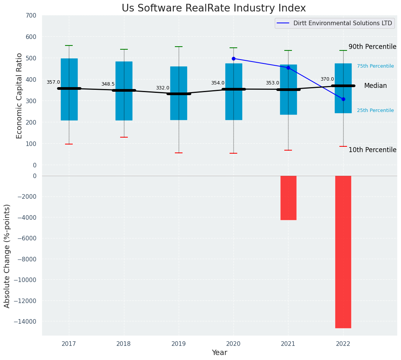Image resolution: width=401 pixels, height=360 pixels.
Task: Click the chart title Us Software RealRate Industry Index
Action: (214, 8)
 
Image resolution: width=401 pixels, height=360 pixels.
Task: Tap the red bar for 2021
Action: (288, 198)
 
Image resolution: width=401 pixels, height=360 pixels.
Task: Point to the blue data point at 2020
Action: (233, 58)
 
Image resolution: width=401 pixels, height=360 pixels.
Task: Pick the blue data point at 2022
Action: (343, 99)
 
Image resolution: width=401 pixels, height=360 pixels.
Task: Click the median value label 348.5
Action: (108, 84)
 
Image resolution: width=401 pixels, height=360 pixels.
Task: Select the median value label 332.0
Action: (163, 88)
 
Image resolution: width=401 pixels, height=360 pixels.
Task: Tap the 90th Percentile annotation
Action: (372, 47)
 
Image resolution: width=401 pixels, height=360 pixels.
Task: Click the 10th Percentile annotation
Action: (372, 150)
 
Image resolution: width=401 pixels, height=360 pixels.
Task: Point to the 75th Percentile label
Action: (375, 66)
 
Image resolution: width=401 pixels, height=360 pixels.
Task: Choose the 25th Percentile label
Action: (375, 110)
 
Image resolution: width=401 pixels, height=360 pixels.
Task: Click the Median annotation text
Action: (375, 86)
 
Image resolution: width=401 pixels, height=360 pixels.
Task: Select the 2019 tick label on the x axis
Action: (179, 344)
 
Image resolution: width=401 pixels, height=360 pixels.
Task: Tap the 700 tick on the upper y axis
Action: (31, 16)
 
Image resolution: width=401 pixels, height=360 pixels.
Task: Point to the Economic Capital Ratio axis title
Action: (20, 96)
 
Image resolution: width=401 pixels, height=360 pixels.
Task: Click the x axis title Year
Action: (220, 353)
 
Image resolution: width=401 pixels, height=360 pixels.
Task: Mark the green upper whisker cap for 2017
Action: (69, 45)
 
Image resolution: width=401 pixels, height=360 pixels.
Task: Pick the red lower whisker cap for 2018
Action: (124, 137)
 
